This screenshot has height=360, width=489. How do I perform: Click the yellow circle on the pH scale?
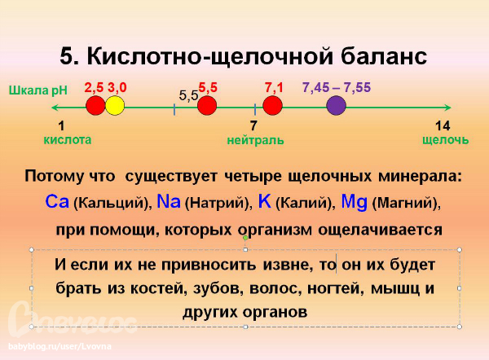[x=115, y=106]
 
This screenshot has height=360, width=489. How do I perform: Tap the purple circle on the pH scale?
[x=335, y=106]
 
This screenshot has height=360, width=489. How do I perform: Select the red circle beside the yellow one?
[x=95, y=106]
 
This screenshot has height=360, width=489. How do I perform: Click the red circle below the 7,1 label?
[x=272, y=106]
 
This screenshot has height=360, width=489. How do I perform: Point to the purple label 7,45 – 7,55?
[x=335, y=86]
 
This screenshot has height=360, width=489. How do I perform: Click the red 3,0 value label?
[x=117, y=86]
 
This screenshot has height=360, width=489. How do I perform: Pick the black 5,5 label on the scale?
[x=188, y=95]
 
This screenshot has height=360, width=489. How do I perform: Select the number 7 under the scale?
[x=253, y=125]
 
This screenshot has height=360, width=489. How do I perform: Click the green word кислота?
[x=67, y=139]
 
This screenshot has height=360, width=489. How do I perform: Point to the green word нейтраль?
[x=255, y=140]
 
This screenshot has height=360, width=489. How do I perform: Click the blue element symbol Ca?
[x=58, y=201]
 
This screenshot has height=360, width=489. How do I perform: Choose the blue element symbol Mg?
[x=355, y=201]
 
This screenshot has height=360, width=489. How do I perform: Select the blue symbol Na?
[x=169, y=201]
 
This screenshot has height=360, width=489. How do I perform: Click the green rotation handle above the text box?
[x=246, y=237]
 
